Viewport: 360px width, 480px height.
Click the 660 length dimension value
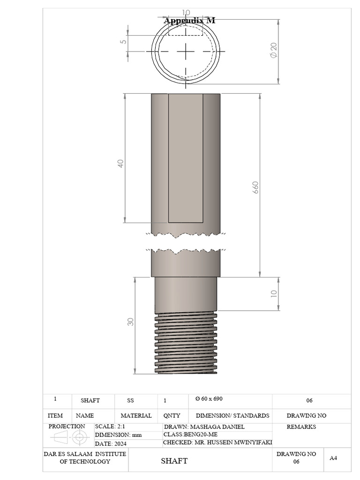255,187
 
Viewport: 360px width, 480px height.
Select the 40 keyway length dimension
120,163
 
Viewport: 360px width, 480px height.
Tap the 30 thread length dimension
130,322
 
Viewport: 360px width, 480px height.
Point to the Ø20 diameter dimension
273,50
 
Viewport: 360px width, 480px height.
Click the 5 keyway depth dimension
123,42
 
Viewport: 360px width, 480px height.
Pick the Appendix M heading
189,21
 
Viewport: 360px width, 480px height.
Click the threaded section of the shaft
186,343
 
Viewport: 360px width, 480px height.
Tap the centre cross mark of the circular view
186,51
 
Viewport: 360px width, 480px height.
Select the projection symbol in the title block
70,437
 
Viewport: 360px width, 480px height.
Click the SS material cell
130,400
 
